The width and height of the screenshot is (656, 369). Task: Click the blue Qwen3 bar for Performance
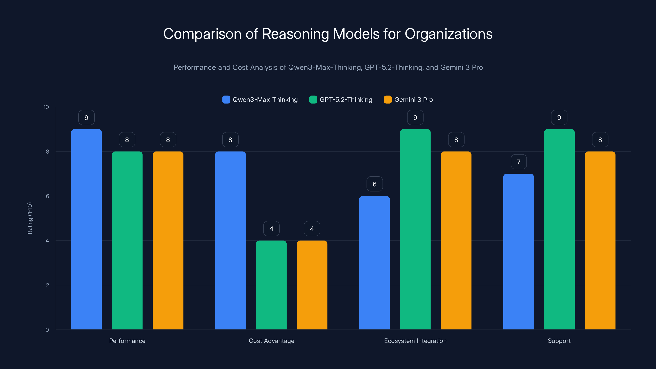86,229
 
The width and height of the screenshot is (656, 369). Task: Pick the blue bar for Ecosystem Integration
374,262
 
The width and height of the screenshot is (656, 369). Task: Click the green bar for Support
559,229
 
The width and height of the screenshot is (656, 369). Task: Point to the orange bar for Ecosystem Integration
456,240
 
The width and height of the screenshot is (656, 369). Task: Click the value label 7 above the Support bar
518,162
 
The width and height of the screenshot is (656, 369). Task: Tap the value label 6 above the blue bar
374,184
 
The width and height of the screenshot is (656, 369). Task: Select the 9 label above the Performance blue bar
86,117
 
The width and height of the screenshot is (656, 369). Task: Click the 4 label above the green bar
271,229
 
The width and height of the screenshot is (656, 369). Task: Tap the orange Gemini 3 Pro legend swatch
388,100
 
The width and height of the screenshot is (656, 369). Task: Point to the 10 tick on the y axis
46,107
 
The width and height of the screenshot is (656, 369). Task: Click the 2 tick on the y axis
47,285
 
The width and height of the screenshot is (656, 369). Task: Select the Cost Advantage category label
271,341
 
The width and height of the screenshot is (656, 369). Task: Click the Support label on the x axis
559,341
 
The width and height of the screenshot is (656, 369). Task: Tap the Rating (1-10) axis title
30,218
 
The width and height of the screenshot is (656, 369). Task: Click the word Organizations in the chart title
449,34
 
